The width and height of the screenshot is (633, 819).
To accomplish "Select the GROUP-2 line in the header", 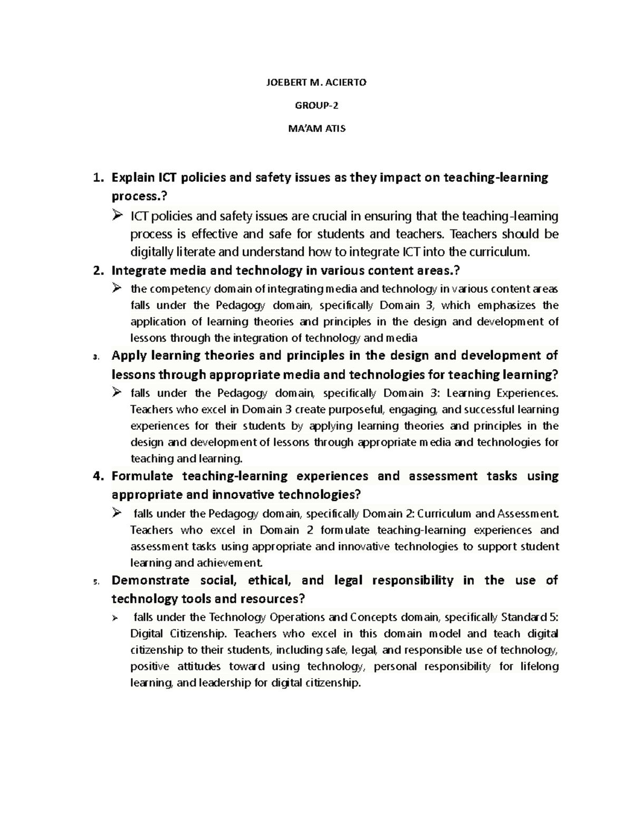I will (x=316, y=105).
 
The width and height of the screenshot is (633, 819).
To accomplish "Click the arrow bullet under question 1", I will (x=117, y=216).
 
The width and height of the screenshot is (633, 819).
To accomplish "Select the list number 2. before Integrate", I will (x=97, y=271).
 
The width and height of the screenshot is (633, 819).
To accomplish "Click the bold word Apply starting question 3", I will (x=129, y=355).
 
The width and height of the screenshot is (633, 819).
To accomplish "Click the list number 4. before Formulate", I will (x=97, y=476).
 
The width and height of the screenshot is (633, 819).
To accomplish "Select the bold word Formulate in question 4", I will (x=142, y=476).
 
